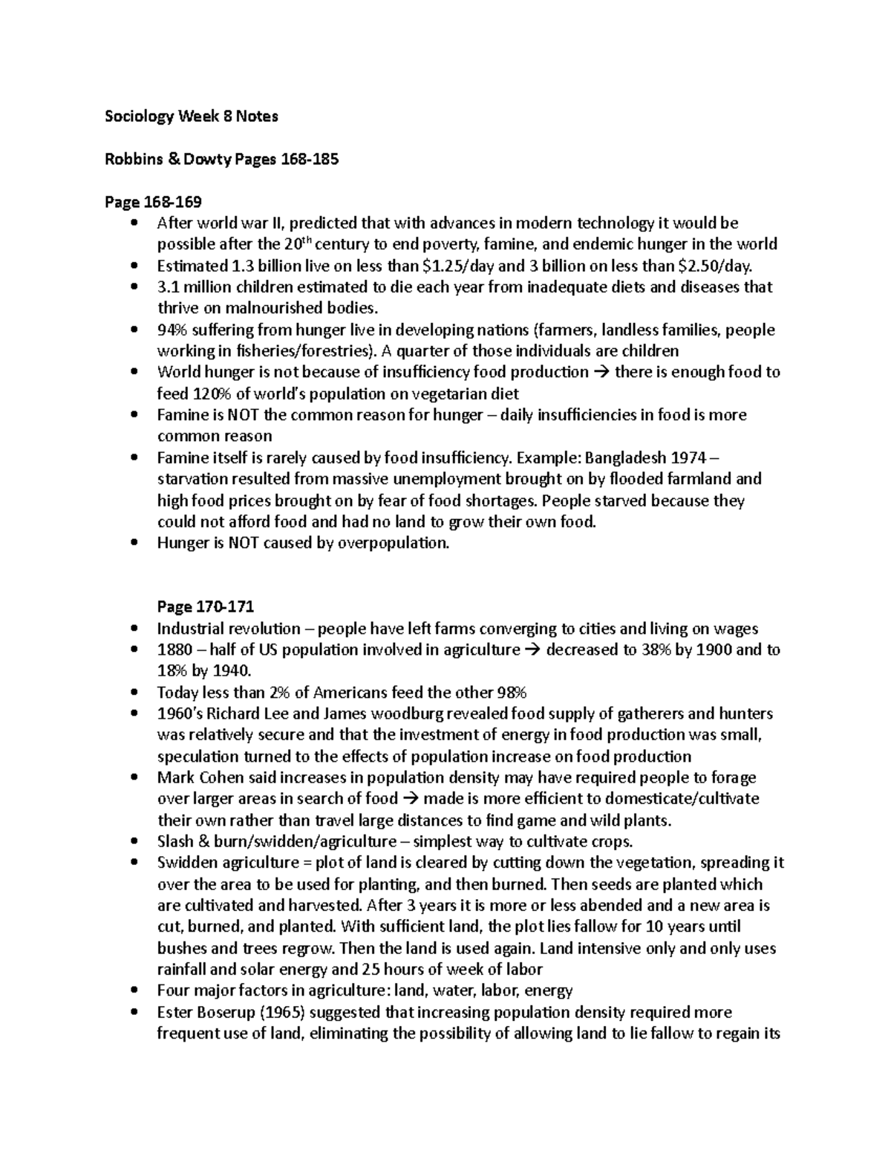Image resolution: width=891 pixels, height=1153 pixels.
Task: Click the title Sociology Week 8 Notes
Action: [191, 116]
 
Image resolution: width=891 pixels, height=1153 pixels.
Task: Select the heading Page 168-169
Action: [152, 202]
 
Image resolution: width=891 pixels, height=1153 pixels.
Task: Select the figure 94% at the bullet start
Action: [172, 330]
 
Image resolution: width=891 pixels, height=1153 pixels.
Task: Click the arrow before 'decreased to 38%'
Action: [533, 650]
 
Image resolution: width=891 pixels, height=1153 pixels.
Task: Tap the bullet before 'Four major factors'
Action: [134, 991]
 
